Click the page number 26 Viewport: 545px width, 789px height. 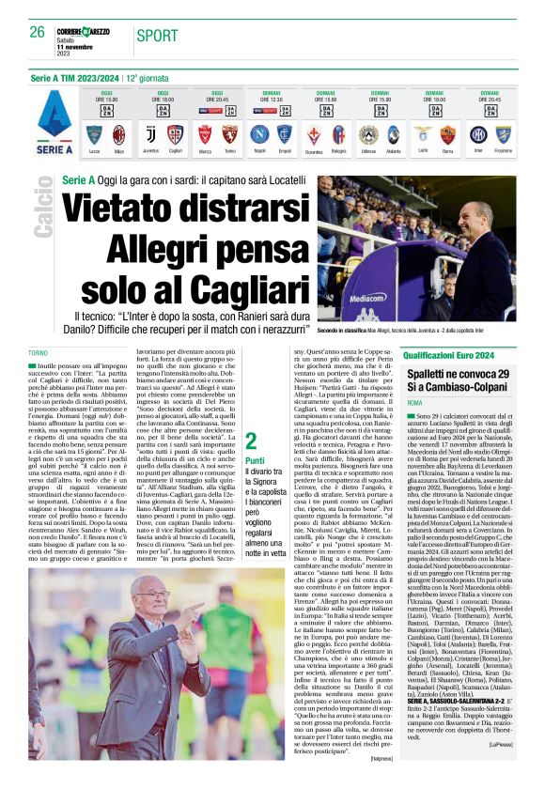point(38,32)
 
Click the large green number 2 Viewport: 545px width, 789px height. point(251,441)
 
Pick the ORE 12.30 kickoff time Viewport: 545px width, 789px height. point(272,100)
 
